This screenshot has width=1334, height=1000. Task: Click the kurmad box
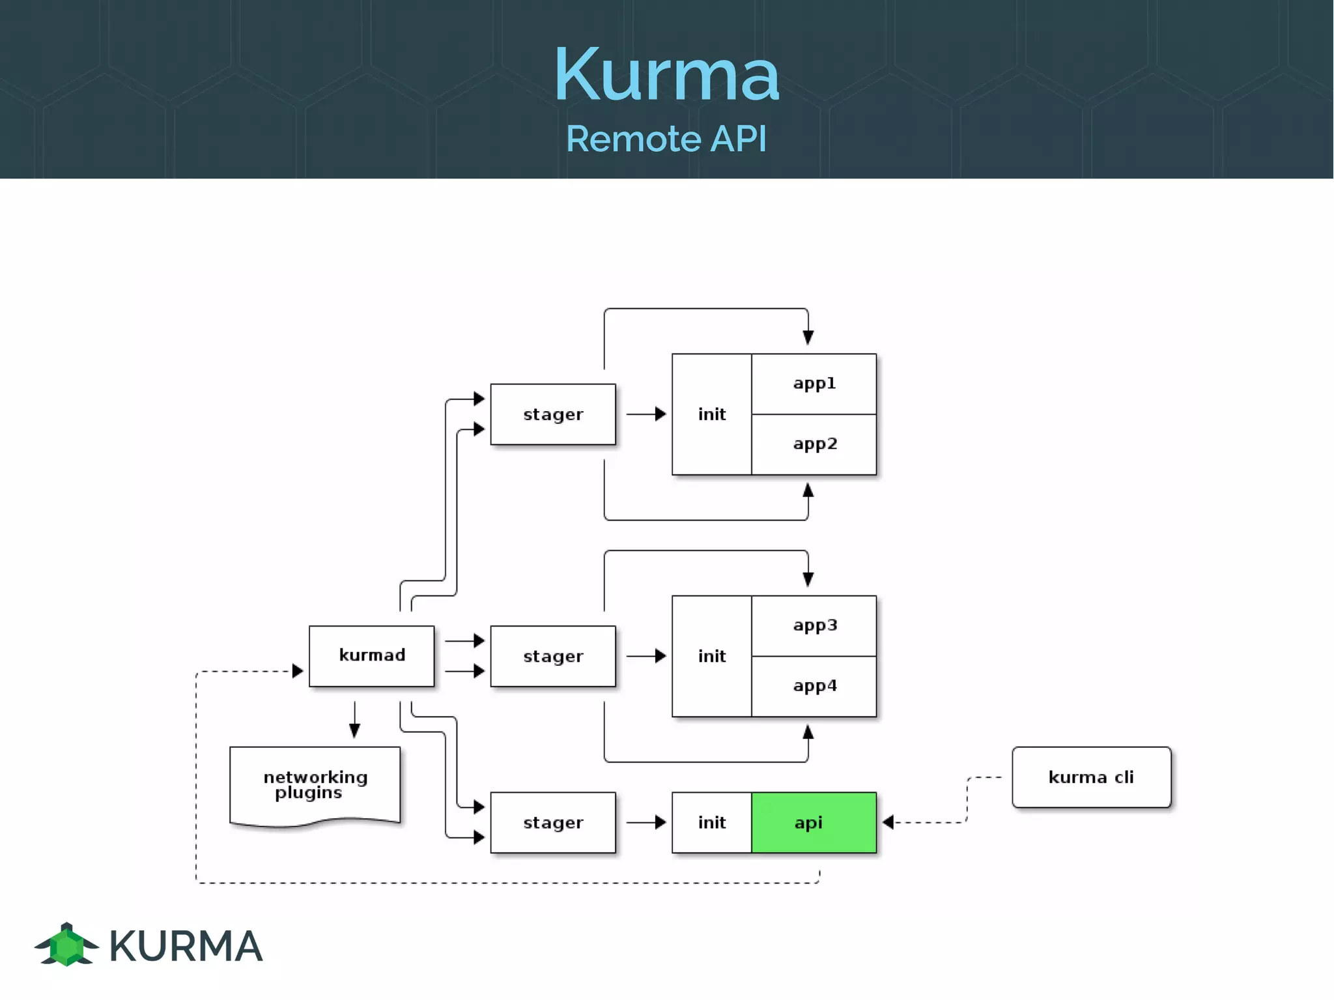tap(371, 655)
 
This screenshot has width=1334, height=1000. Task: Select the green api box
tap(814, 822)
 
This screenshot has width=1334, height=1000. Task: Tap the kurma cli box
tap(1091, 777)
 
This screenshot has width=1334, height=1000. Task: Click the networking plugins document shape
tap(315, 784)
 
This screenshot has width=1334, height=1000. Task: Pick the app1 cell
tap(814, 384)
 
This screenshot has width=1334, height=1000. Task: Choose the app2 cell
tap(814, 444)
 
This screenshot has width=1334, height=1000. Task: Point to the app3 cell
tap(814, 625)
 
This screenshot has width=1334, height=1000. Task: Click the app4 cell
tap(814, 686)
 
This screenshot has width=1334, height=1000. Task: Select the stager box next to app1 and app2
tap(552, 414)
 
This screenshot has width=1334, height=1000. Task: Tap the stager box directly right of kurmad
tap(552, 656)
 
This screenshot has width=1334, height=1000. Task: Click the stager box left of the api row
tap(552, 822)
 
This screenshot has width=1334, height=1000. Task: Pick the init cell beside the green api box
tap(711, 822)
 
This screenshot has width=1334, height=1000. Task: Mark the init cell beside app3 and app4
tap(711, 656)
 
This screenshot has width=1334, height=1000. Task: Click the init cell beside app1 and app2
tap(711, 414)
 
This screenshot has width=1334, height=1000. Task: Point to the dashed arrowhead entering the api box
tap(888, 822)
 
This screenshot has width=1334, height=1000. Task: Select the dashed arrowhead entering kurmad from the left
tap(298, 670)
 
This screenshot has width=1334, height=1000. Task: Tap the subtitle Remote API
tap(666, 139)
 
